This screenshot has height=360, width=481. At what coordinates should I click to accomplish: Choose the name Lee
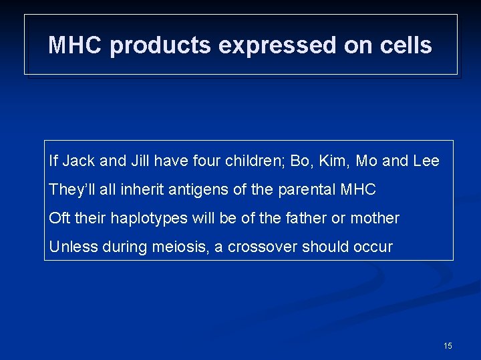426,161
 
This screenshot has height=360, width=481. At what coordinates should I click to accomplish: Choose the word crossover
263,247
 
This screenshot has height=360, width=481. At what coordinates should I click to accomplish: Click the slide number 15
448,346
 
